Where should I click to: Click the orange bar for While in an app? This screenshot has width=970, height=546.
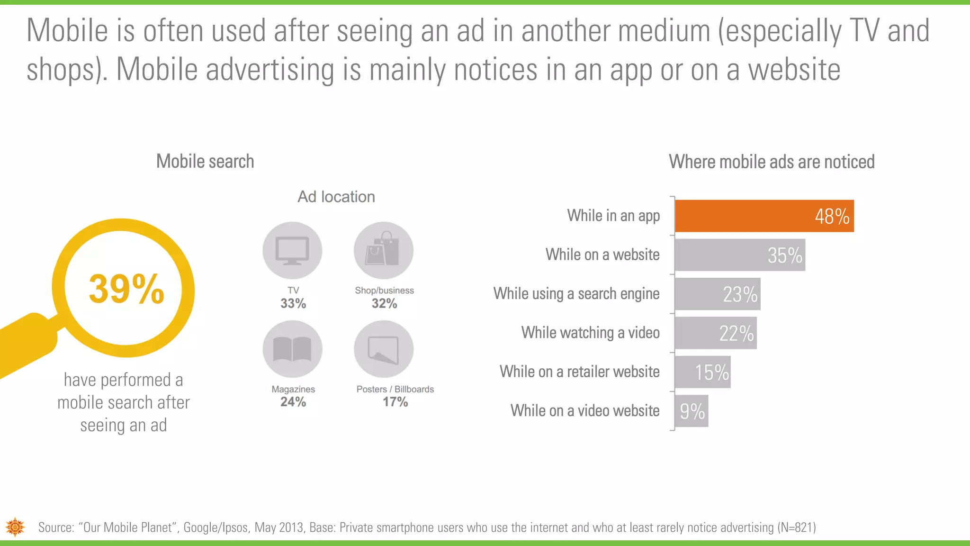[763, 216]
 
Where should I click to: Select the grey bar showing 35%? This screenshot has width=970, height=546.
[739, 255]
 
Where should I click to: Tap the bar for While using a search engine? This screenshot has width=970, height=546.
[717, 294]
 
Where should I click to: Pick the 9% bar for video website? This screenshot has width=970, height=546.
[691, 411]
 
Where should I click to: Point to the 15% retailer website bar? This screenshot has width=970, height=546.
[702, 372]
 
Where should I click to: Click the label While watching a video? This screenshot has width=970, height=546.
[590, 333]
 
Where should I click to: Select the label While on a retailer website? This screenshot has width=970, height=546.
[579, 372]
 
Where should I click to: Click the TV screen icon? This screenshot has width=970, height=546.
[292, 251]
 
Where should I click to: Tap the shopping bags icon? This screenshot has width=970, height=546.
[383, 250]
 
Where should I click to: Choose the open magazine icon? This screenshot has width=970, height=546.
[292, 349]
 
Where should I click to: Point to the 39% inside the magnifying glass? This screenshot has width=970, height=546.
[126, 289]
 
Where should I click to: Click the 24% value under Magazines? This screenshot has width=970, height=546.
[293, 402]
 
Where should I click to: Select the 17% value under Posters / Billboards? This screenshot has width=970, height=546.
[395, 402]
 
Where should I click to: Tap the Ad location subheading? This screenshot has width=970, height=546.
[336, 197]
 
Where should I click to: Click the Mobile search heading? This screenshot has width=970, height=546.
[205, 162]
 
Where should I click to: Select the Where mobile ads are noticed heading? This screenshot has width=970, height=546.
[772, 162]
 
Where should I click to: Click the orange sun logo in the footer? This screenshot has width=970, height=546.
[15, 527]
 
